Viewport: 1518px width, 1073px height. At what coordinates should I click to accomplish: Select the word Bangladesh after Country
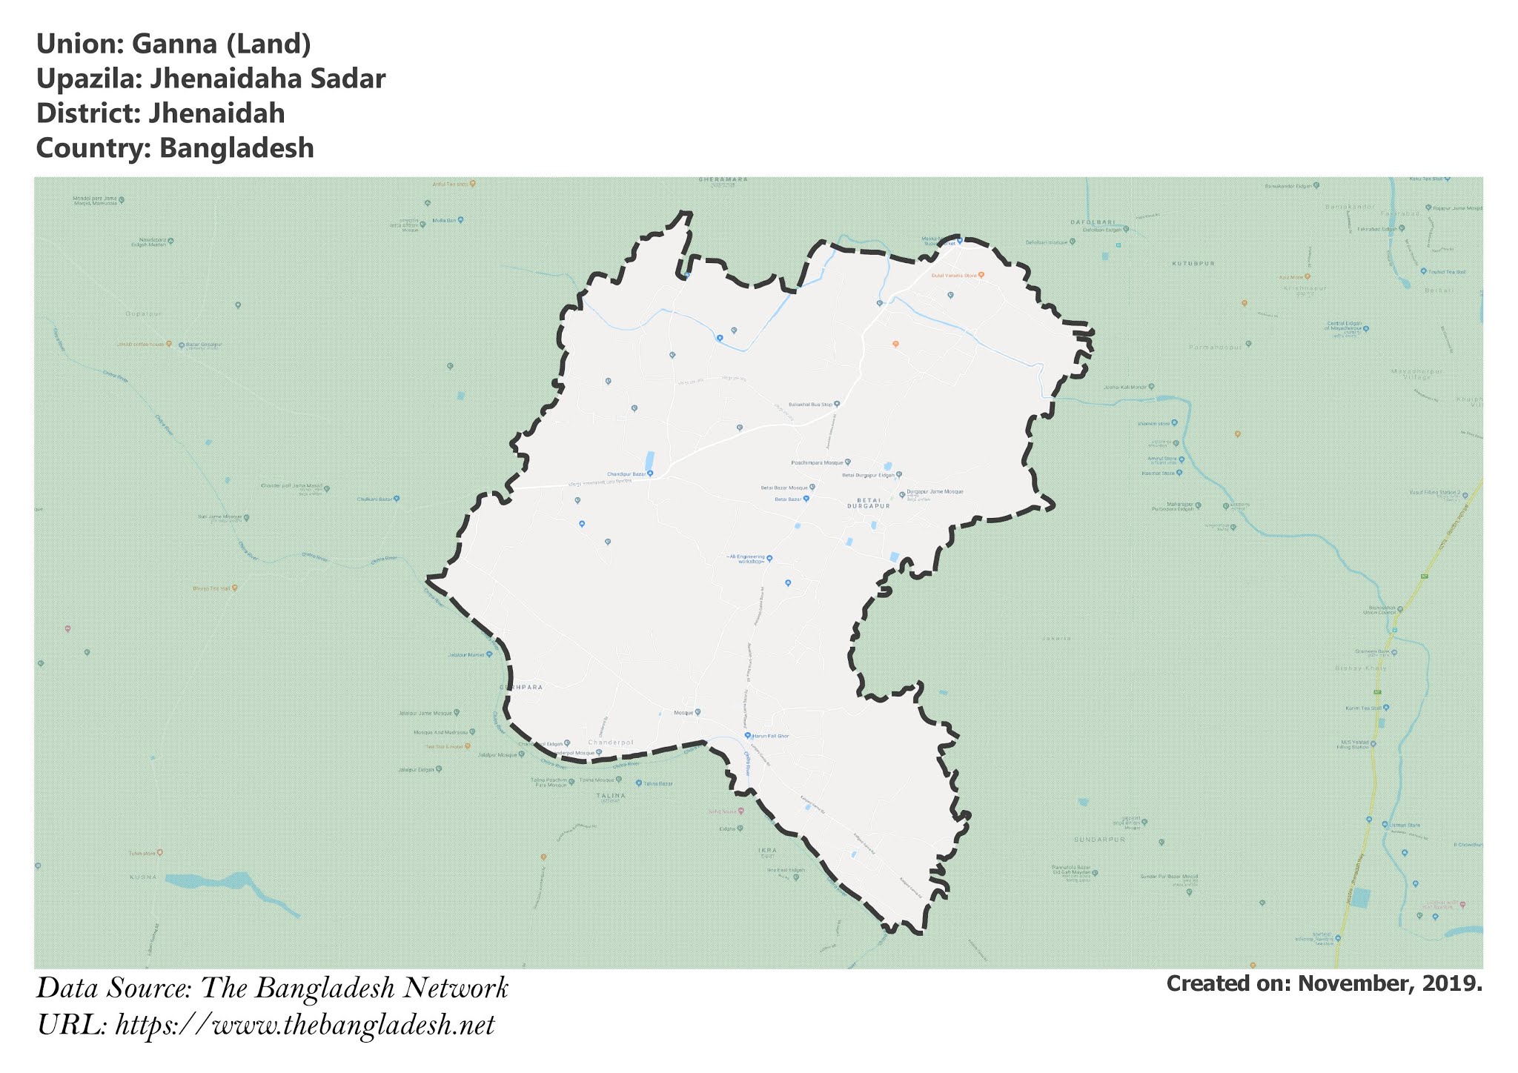point(236,148)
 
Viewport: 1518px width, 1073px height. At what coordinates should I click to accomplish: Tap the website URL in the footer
point(305,1026)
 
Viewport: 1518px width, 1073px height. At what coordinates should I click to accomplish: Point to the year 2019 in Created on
point(1451,984)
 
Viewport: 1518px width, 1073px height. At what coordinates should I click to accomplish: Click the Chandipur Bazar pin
point(650,474)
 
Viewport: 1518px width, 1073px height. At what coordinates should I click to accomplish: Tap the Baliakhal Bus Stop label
point(810,405)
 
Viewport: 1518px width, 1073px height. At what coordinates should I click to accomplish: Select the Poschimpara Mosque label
point(818,462)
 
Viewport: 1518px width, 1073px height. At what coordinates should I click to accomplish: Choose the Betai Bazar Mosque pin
point(812,488)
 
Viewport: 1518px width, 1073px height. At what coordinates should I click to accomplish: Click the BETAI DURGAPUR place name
point(867,504)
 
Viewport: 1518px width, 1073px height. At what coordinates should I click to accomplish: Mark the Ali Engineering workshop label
point(746,559)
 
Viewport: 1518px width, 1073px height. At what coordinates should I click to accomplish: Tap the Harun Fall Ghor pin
point(748,736)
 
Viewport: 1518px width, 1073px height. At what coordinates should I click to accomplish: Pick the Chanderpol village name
point(611,743)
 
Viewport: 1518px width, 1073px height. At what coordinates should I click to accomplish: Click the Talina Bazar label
point(657,783)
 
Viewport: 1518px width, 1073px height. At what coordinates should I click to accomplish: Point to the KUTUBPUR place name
point(1193,263)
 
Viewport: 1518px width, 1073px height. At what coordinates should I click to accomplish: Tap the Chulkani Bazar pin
point(397,499)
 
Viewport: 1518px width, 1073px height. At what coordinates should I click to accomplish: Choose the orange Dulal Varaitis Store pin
point(981,275)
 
